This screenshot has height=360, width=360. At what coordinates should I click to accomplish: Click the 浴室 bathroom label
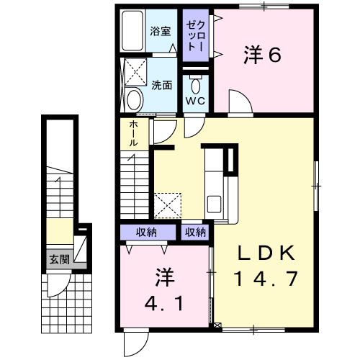(x=161, y=32)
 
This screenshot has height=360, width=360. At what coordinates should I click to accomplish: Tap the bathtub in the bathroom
(x=132, y=30)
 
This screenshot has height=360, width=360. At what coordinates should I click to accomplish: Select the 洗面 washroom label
(x=161, y=85)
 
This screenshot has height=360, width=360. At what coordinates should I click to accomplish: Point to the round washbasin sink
(x=135, y=100)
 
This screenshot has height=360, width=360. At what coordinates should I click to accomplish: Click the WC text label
(x=195, y=101)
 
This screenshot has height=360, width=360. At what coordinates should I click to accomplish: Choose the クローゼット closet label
(x=196, y=36)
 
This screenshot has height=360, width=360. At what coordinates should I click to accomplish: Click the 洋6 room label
(x=262, y=55)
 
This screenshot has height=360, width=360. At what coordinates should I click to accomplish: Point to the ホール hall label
(x=133, y=133)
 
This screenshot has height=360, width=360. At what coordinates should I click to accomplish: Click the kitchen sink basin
(x=214, y=204)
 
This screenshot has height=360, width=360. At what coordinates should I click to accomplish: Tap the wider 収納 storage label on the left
(x=146, y=232)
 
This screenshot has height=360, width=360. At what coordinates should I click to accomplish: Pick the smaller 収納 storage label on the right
(x=195, y=232)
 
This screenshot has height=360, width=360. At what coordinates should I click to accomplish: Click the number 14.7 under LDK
(x=266, y=278)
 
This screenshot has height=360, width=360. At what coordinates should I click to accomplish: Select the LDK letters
(x=266, y=253)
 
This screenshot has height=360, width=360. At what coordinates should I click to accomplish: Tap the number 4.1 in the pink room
(x=164, y=303)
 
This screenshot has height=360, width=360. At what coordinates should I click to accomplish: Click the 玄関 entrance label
(x=59, y=260)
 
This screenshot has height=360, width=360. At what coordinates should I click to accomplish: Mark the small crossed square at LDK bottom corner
(x=217, y=325)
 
